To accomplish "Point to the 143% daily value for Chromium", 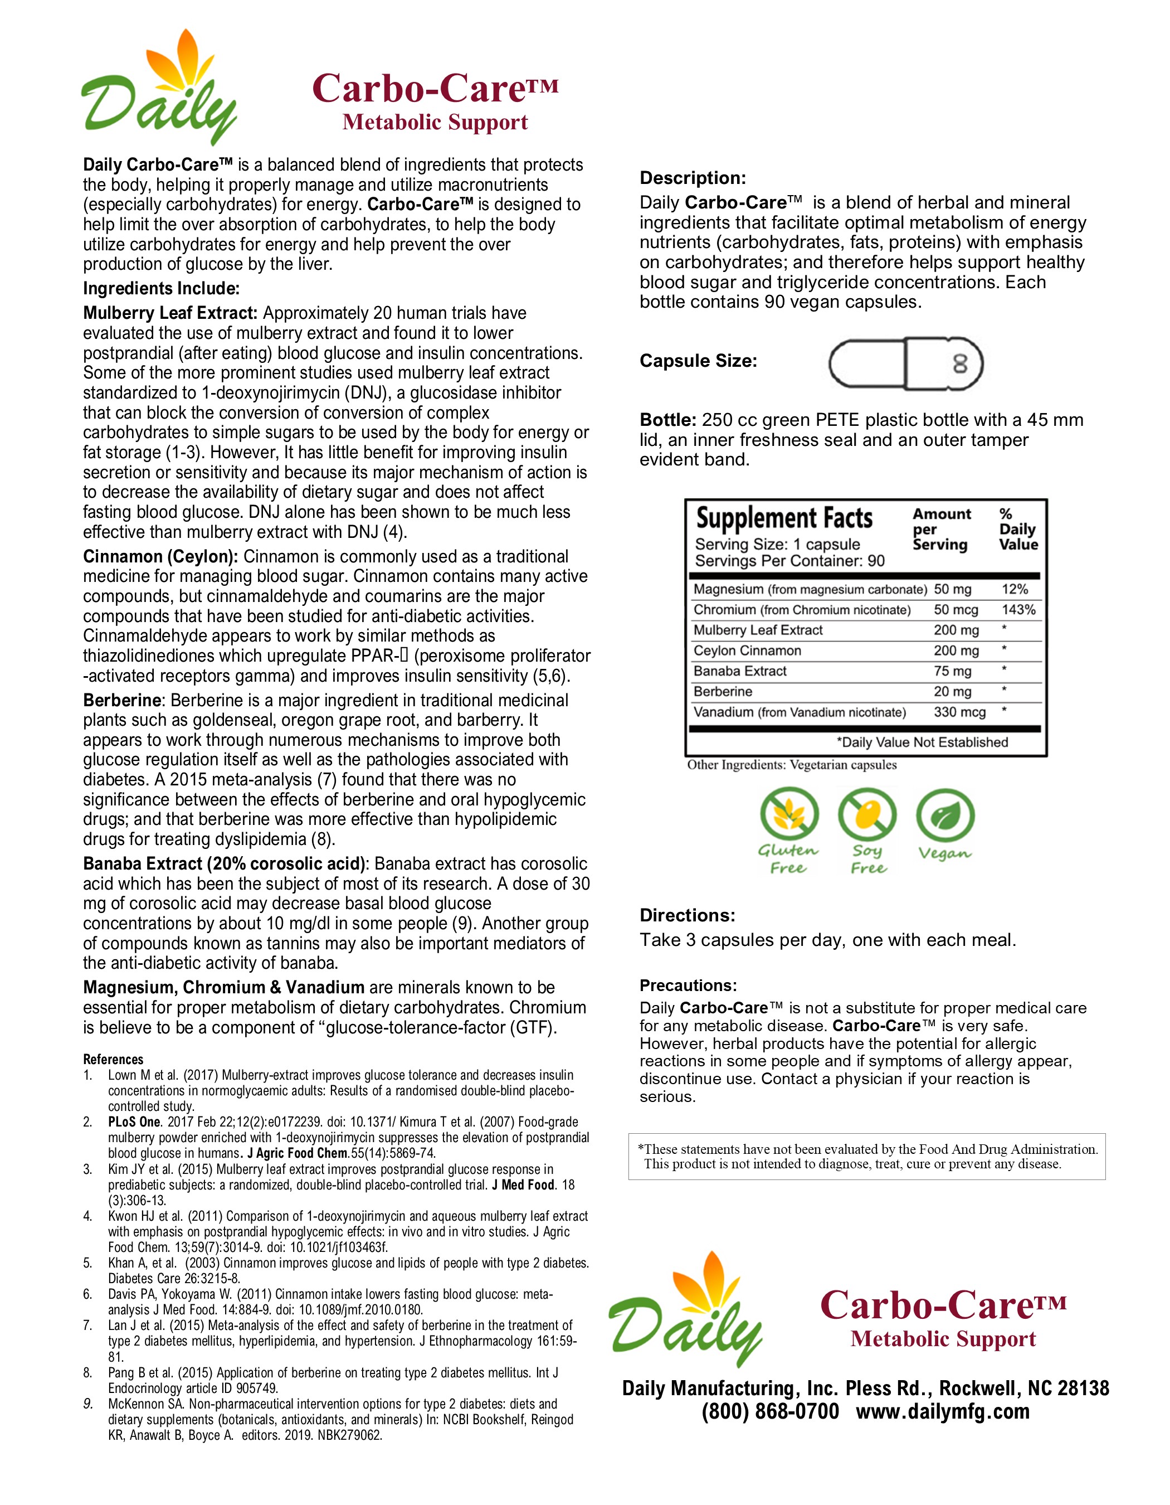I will [x=1018, y=610].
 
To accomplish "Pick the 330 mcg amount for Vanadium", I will [x=959, y=712].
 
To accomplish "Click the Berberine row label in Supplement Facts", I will [x=723, y=691].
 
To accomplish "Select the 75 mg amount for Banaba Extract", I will [x=952, y=671].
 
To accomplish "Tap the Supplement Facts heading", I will [x=784, y=518].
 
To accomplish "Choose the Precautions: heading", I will [x=688, y=985].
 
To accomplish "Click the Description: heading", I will [x=693, y=178].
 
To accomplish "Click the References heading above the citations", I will [x=113, y=1059].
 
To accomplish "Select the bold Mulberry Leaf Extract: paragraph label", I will [x=170, y=313].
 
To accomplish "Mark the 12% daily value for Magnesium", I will [x=1015, y=589].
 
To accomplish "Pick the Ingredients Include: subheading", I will [x=161, y=288].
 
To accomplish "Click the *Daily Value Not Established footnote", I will [x=922, y=742].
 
